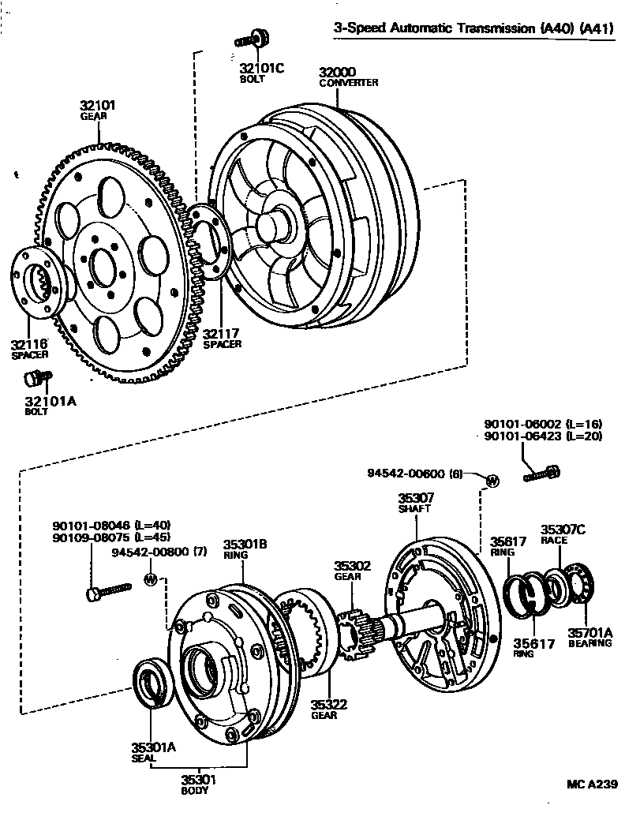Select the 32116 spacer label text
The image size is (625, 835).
coord(28,344)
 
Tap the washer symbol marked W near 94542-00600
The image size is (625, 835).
coord(491,481)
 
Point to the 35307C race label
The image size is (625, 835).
coord(563,530)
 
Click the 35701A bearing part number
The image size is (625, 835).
coord(589,632)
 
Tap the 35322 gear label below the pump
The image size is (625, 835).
coord(324,704)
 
